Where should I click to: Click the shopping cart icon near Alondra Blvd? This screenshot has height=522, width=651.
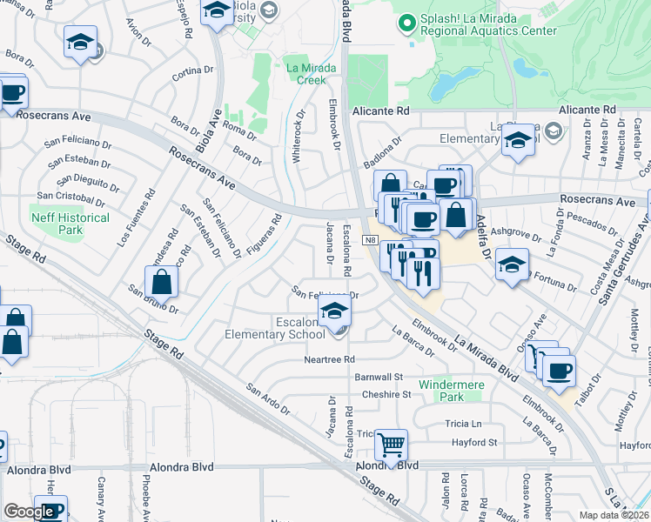[x=392, y=445]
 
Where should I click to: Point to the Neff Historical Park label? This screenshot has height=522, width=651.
[x=70, y=224]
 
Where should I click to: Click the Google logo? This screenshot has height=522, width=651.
[x=29, y=512]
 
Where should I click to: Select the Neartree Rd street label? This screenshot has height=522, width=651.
[x=330, y=359]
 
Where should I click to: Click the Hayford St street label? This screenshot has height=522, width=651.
[x=474, y=442]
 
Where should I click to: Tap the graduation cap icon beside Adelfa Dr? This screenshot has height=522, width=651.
[x=512, y=264]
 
